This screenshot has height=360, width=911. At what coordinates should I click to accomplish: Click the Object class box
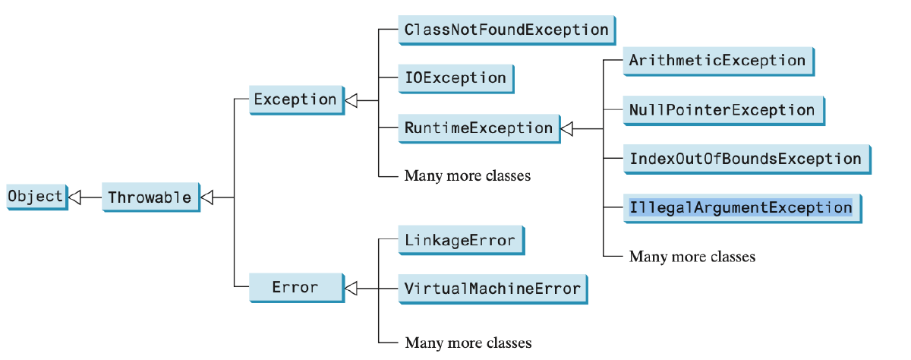pos(35,196)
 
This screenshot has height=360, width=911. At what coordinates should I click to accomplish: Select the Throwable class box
pos(150,197)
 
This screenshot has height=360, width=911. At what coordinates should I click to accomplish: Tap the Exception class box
pos(295,99)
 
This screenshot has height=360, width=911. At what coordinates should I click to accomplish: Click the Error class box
pos(295,287)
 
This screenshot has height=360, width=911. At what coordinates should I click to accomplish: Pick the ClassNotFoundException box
pos(506,30)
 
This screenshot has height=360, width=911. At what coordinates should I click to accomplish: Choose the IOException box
pos(455,77)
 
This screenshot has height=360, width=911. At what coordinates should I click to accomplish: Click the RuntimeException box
pos(478,128)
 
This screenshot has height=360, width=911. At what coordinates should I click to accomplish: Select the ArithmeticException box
pos(717,61)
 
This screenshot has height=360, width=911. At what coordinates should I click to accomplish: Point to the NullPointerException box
pos(721,110)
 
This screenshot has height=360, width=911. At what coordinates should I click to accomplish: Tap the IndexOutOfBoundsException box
pos(745,159)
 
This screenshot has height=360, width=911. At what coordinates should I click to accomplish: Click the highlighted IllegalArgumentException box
pos(740,207)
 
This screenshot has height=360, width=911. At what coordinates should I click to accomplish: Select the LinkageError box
pos(459,241)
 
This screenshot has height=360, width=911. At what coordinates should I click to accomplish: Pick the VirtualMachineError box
pos(492,289)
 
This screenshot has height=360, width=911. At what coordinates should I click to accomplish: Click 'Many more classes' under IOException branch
pos(467,176)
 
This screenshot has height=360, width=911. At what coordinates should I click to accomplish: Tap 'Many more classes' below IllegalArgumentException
pos(692,257)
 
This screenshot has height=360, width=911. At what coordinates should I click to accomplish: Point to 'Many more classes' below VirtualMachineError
pos(468,343)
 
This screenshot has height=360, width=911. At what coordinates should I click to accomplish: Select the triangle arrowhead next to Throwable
pos(207,197)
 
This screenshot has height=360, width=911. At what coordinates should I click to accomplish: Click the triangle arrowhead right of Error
pos(350,288)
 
